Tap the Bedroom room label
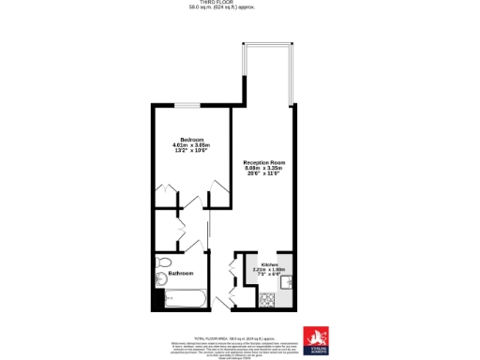191,140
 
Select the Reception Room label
263,162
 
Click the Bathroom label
180,273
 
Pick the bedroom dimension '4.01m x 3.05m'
191,145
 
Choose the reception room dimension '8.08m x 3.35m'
263,168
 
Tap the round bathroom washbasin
161,277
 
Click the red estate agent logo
315,337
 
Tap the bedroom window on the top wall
191,104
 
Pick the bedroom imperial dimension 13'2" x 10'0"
191,151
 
